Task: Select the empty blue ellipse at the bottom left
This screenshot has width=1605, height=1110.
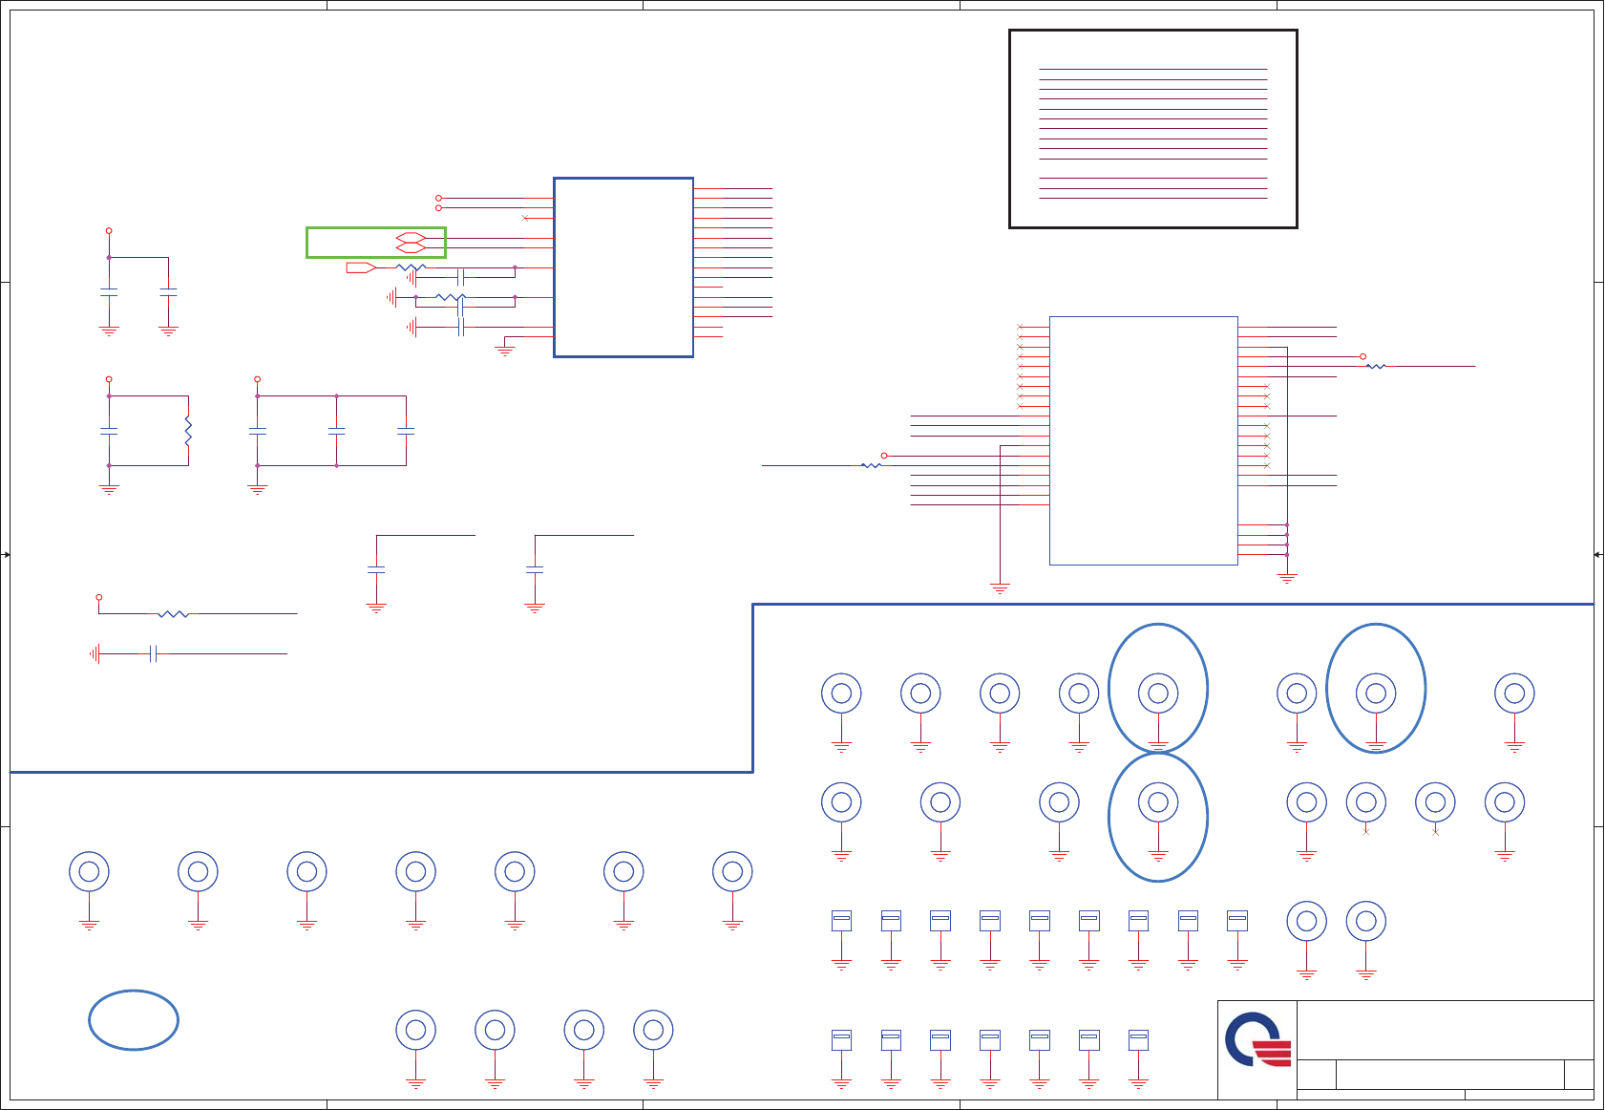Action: click(134, 1020)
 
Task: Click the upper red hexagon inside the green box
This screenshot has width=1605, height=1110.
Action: click(410, 237)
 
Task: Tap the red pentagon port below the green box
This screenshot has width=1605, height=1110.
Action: click(361, 267)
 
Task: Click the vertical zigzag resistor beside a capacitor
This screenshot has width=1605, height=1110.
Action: click(188, 431)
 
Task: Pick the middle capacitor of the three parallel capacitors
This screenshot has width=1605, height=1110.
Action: click(336, 431)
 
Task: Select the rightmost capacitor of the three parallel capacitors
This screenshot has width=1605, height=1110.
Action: click(406, 431)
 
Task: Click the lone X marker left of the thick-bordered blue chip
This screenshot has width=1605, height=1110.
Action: click(525, 218)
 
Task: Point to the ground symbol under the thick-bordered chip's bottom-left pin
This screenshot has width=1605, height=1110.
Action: click(505, 352)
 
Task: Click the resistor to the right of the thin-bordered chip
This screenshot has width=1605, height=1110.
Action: click(1376, 366)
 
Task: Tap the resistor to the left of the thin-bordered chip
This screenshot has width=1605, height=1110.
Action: click(871, 465)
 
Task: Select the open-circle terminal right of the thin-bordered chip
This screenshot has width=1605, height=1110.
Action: click(1362, 356)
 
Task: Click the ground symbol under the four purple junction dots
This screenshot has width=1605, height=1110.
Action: click(1287, 578)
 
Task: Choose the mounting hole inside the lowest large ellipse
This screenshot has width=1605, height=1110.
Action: click(1158, 802)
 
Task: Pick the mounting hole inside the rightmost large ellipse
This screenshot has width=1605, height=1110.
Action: click(1376, 694)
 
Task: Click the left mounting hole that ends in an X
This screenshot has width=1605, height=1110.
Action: click(1366, 802)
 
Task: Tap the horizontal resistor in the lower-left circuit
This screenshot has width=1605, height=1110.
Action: click(173, 613)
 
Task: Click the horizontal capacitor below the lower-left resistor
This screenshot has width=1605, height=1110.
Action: click(153, 653)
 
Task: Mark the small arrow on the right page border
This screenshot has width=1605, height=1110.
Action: click(1597, 554)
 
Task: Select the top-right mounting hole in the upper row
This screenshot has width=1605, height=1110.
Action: click(1514, 694)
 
